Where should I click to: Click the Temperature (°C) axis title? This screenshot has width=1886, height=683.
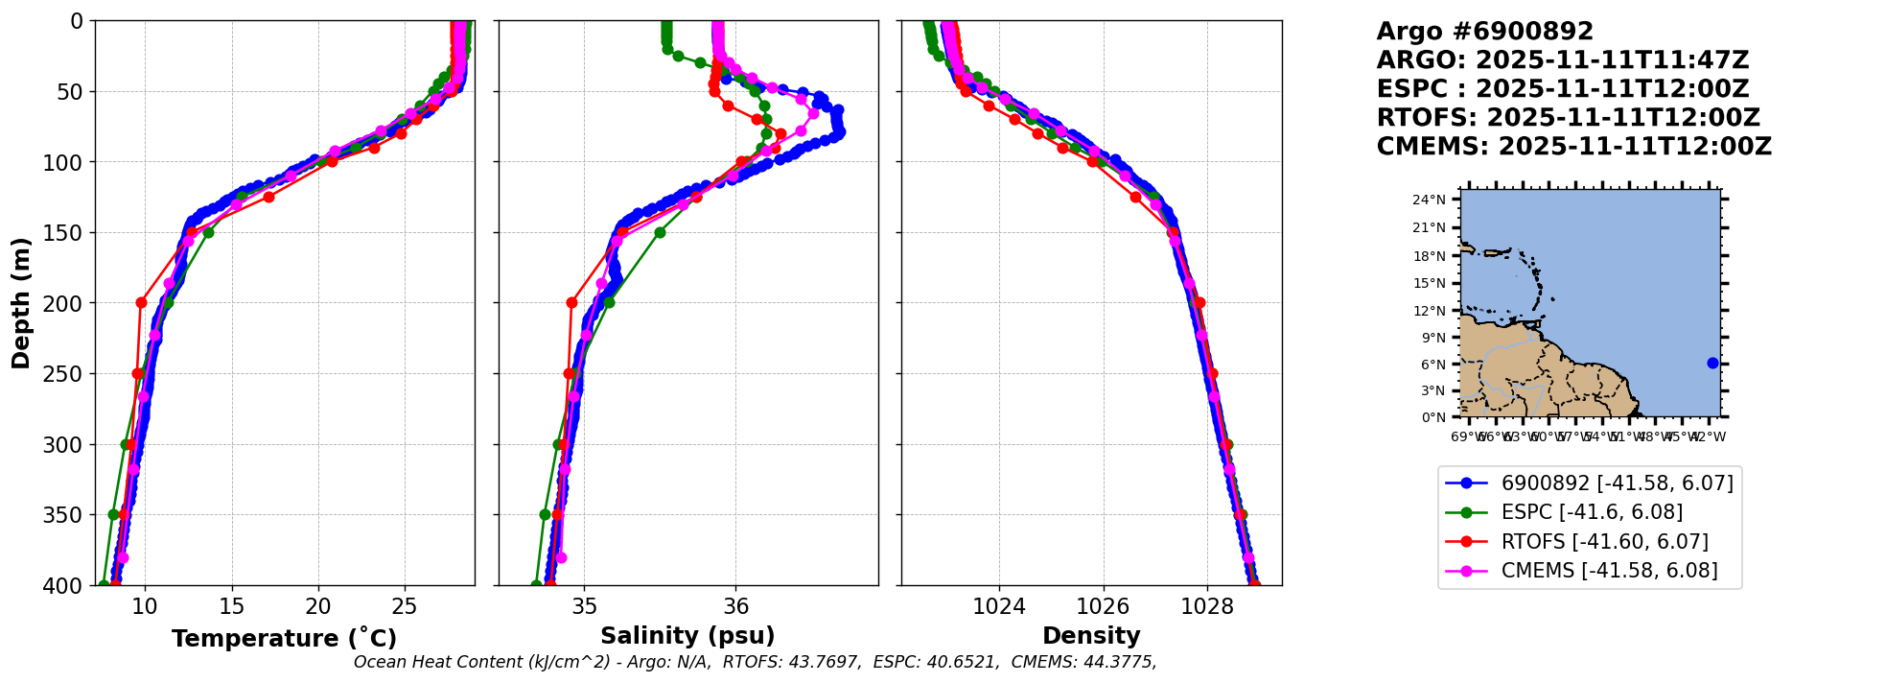[x=284, y=639]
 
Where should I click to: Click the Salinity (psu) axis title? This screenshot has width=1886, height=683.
[x=687, y=636]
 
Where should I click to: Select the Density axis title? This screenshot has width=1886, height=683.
[x=1091, y=636]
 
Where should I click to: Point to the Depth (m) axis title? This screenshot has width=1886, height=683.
[x=21, y=302]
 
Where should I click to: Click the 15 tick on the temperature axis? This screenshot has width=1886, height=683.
[x=232, y=606]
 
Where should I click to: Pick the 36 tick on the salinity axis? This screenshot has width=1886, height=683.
[x=735, y=606]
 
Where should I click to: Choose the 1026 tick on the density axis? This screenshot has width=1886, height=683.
[x=1103, y=606]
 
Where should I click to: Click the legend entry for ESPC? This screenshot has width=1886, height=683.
[x=1592, y=512]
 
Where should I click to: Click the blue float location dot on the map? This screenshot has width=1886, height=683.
[x=1712, y=363]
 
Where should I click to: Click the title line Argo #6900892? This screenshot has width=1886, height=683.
[x=1484, y=32]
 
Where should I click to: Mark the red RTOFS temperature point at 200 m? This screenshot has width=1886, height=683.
[x=141, y=302]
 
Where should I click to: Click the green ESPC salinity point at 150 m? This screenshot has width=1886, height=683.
[x=660, y=232]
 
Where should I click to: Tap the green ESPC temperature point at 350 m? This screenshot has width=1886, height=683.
[x=113, y=514]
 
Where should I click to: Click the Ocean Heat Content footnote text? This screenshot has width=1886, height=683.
[x=755, y=662]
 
